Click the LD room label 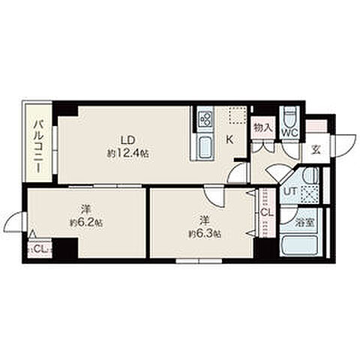128,140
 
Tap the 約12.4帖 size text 128,153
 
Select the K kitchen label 229,140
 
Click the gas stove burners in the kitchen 205,118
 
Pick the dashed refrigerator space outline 238,115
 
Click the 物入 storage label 262,128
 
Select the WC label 289,133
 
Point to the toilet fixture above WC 290,117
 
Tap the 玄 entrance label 316,150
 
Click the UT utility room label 291,192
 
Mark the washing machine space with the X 310,193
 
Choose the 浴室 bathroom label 304,223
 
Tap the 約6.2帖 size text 86,223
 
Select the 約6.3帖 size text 205,234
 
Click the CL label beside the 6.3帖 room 266,213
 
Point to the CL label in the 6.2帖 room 40,248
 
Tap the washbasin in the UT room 310,175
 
